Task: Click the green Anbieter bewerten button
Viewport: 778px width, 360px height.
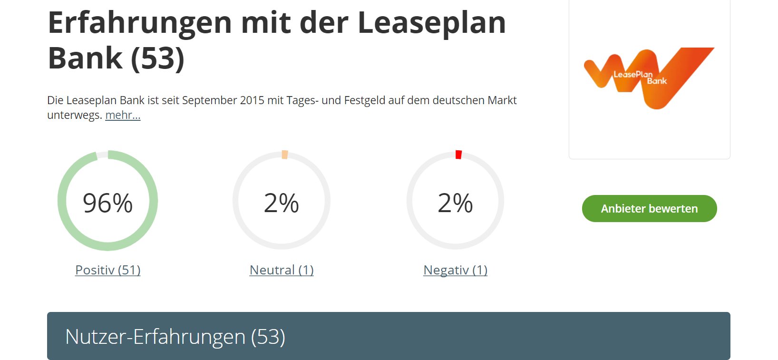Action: coord(649,208)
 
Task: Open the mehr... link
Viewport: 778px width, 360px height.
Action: coord(123,115)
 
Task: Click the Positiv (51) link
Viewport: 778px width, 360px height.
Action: coord(108,270)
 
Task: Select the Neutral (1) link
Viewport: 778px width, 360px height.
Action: coord(282,270)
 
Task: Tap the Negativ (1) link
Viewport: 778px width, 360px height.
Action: coord(455,270)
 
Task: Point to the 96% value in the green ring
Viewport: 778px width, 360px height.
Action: coord(108,203)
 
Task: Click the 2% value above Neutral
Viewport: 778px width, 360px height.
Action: coord(282,203)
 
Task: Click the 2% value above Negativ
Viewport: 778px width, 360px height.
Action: coord(455,203)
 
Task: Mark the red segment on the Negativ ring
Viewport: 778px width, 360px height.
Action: coord(458,155)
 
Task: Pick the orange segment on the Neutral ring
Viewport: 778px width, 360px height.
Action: coord(285,155)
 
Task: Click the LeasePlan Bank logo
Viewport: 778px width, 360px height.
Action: coord(649,78)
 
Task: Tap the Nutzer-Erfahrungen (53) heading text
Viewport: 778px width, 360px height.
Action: coord(175,337)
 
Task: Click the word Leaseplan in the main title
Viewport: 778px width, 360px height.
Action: coord(431,23)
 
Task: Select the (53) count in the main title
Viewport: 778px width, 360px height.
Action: coord(157,58)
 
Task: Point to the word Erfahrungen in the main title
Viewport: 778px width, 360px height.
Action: coord(140,23)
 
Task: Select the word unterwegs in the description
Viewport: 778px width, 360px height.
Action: coord(74,115)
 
